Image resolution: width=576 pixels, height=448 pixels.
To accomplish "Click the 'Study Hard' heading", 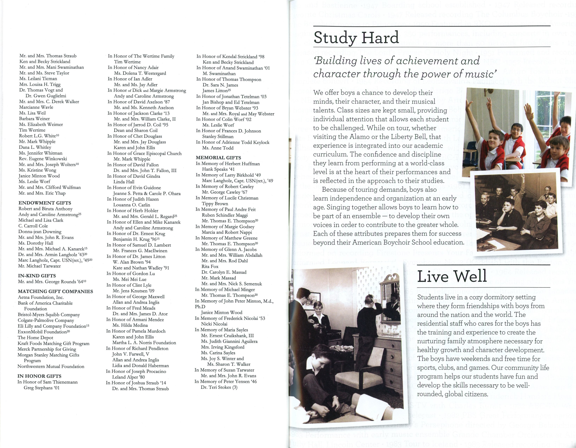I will [356, 38].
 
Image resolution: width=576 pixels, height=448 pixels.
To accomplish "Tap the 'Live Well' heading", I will [452, 277].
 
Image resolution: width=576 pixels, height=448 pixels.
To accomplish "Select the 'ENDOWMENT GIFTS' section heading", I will [45, 203].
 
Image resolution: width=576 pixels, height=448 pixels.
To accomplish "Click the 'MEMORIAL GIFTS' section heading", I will [218, 158].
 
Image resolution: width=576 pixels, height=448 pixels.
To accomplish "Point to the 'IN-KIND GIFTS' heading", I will [37, 276].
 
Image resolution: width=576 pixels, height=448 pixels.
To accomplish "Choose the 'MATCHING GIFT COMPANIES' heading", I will [55, 291].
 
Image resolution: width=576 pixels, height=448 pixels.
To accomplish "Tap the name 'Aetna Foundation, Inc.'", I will [41, 297].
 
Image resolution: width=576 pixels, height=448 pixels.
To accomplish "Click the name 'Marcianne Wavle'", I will [36, 107].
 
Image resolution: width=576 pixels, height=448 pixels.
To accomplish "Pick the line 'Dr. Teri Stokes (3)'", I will [219, 387].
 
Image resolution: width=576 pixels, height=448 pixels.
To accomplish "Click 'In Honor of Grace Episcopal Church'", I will [145, 153].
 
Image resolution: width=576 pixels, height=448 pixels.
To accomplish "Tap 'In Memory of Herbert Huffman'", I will [228, 164].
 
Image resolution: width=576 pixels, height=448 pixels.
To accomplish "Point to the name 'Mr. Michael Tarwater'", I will [40, 266].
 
